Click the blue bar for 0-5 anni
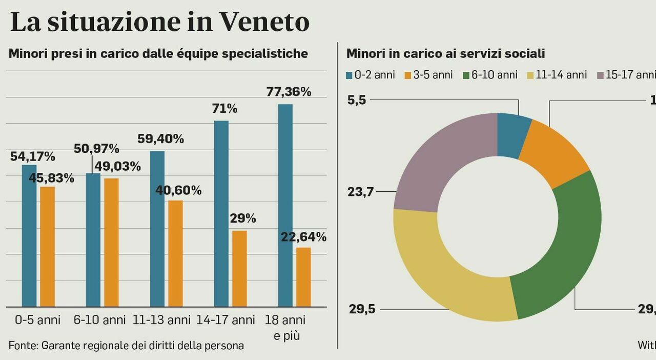pos(29,236)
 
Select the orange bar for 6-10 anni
pos(111,243)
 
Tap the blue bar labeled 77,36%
pos(285,205)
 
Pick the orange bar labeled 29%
pos(239,269)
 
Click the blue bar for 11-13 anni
pos(157,229)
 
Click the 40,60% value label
pos(178,191)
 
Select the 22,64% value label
pos(303,237)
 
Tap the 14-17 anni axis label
pos(225,321)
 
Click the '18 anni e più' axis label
pos(285,328)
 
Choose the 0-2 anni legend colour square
pos(350,75)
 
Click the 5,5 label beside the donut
pos(357,101)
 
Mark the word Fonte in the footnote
pos(23,346)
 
